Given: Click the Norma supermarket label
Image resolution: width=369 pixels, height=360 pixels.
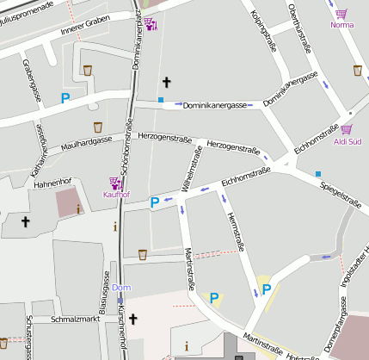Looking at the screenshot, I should tap(342, 25).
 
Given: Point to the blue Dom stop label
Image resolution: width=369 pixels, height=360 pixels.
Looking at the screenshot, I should tap(121, 288).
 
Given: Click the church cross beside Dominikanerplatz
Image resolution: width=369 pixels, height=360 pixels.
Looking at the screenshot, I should tap(167, 82).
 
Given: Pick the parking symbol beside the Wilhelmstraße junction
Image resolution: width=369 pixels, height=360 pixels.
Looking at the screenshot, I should tap(155, 202).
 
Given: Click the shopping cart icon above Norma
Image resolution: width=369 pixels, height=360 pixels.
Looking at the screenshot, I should tap(342, 14).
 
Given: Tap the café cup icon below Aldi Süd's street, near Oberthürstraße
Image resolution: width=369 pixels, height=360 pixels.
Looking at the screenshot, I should tap(358, 71).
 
